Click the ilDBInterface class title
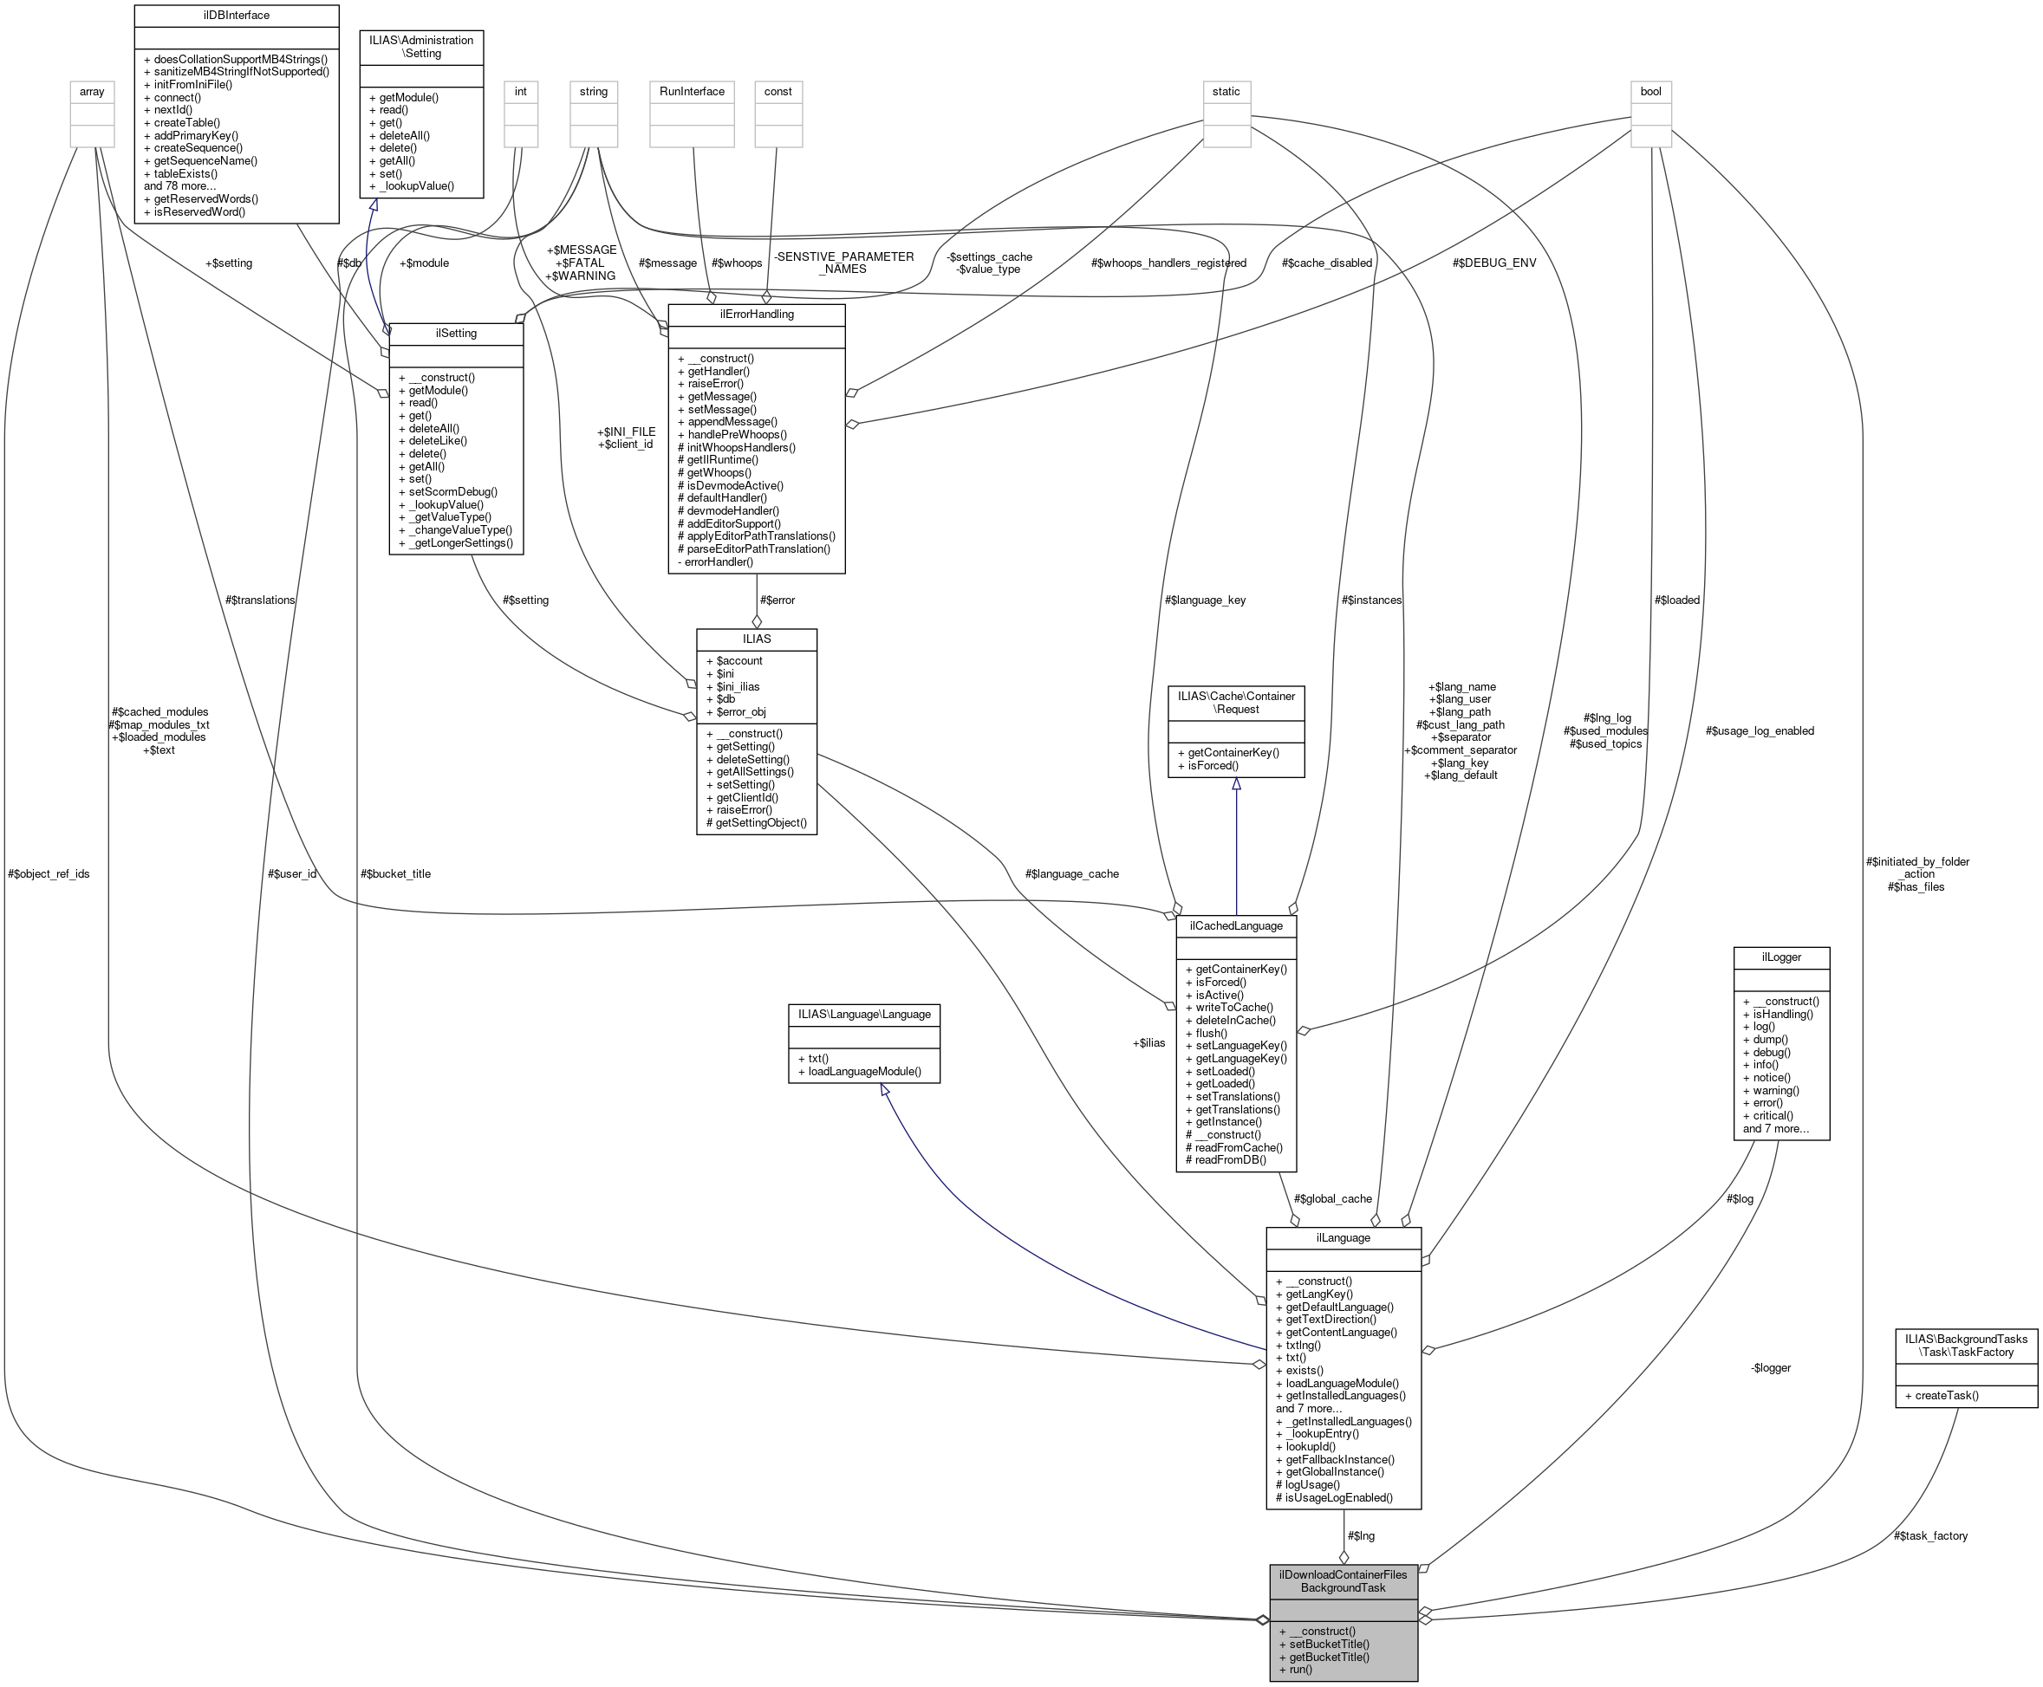(236, 16)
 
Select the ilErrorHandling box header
(756, 315)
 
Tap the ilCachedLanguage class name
(1235, 926)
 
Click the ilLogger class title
(1780, 957)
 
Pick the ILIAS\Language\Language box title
(863, 1015)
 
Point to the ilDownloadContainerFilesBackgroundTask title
(1343, 1581)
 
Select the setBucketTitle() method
(1329, 1645)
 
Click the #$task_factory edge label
(1930, 1535)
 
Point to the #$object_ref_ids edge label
(49, 873)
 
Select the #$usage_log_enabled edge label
(1760, 730)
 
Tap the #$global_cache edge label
(1332, 1199)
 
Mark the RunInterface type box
(691, 91)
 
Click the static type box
(1226, 91)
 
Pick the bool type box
(1650, 91)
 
